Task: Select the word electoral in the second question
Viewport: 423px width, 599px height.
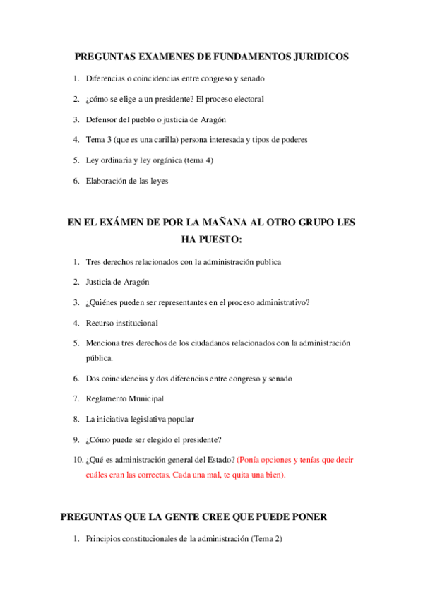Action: pyautogui.click(x=247, y=99)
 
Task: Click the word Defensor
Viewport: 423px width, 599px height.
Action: pyautogui.click(x=102, y=119)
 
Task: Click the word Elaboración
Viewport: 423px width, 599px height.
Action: pyautogui.click(x=107, y=181)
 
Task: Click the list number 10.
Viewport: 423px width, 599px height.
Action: pyautogui.click(x=77, y=460)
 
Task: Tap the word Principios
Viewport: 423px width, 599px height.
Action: pyautogui.click(x=104, y=539)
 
